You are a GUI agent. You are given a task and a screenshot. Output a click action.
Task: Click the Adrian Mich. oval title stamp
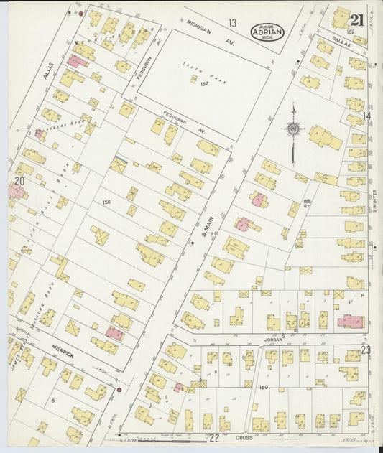point(268,32)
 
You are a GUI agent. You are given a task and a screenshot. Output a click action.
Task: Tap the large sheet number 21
point(357,20)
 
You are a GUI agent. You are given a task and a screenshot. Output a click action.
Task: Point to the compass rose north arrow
point(293,129)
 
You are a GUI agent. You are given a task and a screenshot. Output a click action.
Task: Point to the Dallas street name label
point(341,43)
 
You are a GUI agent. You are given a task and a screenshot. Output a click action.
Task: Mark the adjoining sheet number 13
point(232,24)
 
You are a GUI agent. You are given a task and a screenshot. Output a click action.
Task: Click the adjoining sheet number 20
point(19,182)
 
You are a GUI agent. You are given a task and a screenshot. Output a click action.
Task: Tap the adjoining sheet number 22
point(213,437)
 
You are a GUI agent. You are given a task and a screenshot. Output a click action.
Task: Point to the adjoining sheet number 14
point(366,116)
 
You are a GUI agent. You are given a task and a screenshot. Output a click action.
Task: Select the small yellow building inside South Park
point(193,78)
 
